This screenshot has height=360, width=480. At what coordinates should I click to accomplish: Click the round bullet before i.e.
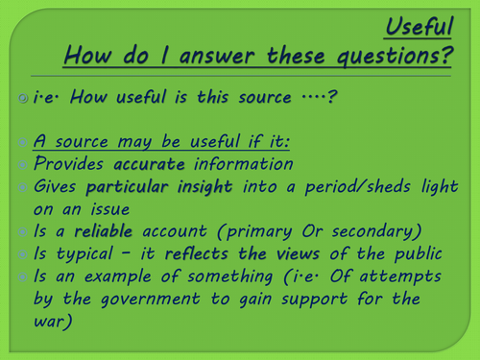23,97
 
